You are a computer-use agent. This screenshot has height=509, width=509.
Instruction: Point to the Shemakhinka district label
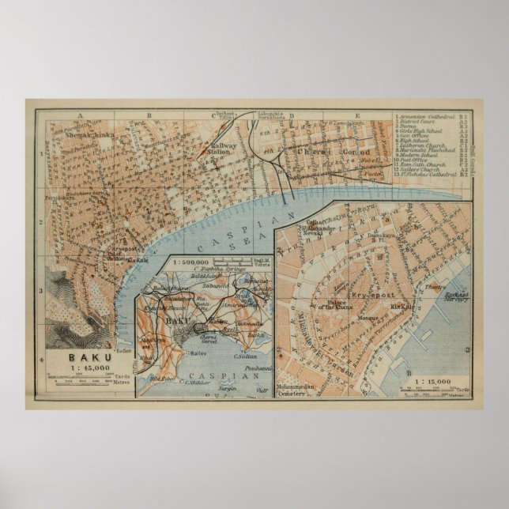(x=72, y=135)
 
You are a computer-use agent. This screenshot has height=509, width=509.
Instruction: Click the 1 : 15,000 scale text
(x=428, y=381)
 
